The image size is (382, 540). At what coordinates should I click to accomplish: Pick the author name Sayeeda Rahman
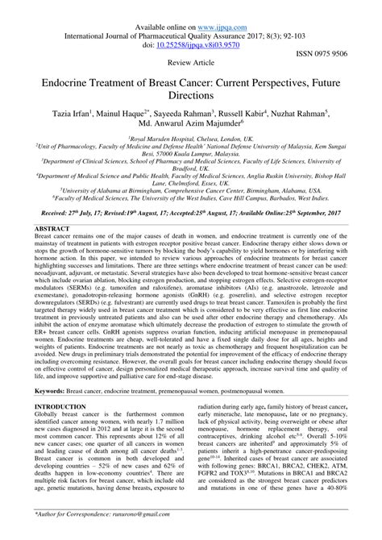(196, 114)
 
